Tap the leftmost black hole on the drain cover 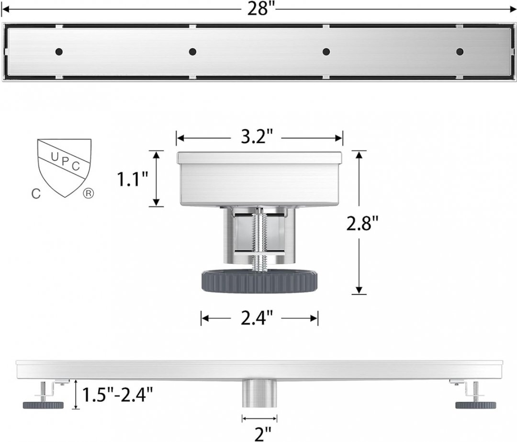click(59, 51)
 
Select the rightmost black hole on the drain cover click(460, 51)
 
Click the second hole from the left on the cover click(192, 51)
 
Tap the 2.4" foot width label click(257, 318)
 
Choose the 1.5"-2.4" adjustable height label click(117, 395)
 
